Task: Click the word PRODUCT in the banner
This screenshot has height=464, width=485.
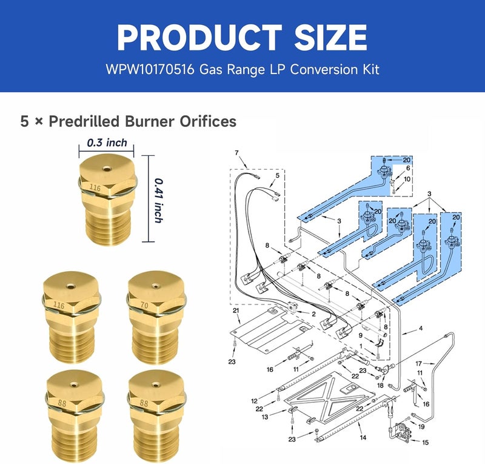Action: [199, 38]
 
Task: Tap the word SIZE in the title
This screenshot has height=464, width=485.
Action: [330, 38]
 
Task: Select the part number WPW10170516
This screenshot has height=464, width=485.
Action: [150, 69]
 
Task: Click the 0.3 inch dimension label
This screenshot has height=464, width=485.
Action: [107, 143]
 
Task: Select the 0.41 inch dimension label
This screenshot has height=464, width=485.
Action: [158, 201]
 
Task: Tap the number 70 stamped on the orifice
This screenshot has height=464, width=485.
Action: [144, 306]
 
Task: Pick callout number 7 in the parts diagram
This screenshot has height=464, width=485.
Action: [236, 153]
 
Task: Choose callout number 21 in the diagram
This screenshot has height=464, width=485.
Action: [236, 311]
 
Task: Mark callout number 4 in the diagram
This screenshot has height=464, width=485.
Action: [421, 328]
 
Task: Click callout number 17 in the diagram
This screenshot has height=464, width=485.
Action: [418, 363]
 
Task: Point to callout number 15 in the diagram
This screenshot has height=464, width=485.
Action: [426, 442]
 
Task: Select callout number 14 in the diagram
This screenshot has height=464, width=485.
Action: [363, 437]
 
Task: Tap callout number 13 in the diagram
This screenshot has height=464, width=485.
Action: [265, 417]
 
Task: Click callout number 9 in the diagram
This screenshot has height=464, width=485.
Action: [361, 335]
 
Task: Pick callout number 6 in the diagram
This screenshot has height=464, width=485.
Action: [408, 168]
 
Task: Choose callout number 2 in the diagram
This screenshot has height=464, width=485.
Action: [313, 314]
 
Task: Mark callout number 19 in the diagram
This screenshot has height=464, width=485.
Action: [421, 426]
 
